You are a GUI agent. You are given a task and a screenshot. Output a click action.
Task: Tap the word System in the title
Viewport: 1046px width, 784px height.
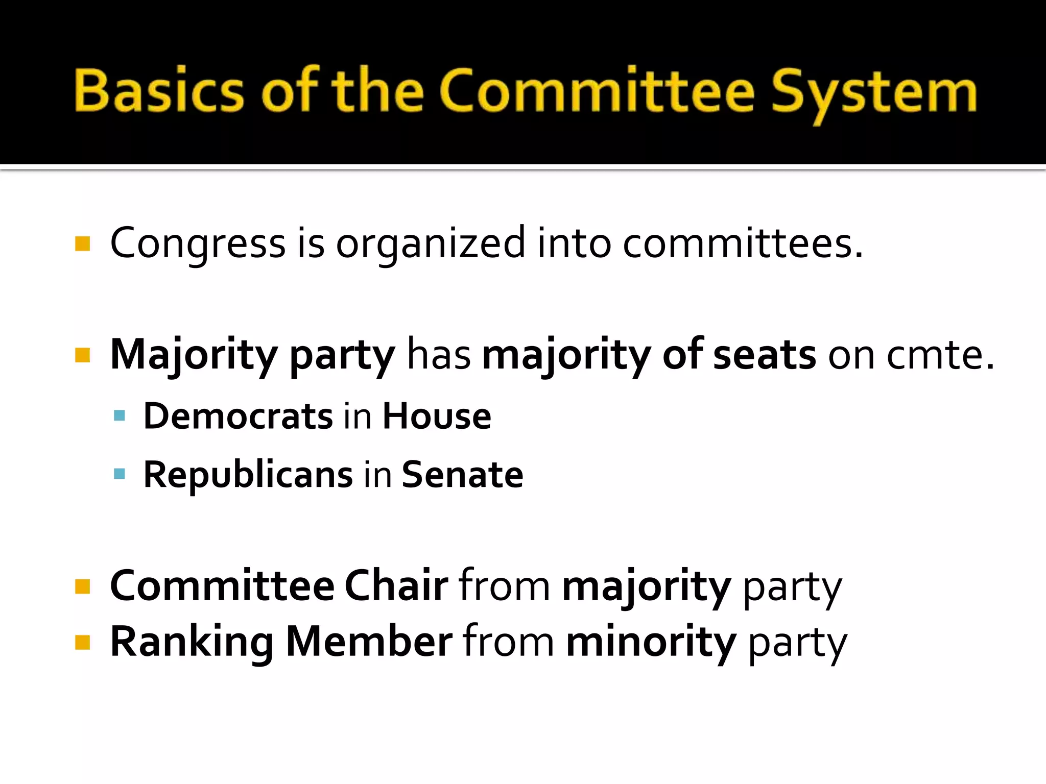874,92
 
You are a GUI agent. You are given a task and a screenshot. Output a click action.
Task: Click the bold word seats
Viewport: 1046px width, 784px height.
764,355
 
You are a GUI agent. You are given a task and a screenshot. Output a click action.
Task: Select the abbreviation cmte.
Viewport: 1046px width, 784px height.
940,355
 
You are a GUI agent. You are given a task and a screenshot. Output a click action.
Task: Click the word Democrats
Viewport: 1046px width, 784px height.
238,416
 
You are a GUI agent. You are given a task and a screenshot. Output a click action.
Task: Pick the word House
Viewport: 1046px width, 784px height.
437,416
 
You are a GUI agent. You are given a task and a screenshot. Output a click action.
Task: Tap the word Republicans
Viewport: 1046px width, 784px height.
248,474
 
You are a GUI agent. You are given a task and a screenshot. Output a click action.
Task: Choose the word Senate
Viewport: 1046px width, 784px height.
462,474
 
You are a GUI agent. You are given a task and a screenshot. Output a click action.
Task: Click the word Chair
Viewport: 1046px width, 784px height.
396,586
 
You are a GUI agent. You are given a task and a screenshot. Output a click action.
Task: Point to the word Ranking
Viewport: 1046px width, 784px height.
192,642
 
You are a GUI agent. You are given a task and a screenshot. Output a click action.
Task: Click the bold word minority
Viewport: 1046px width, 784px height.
651,642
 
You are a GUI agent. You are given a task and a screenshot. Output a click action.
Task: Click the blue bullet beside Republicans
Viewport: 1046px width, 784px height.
120,474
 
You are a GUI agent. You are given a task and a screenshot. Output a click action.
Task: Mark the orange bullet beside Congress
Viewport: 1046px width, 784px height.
82,243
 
